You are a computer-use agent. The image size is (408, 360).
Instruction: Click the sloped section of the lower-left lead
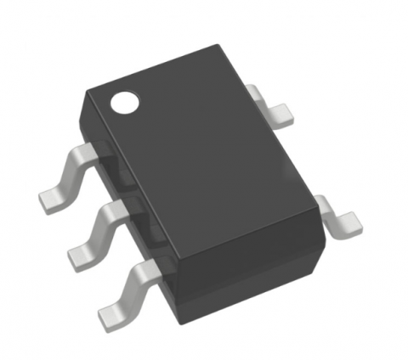coord(134,289)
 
